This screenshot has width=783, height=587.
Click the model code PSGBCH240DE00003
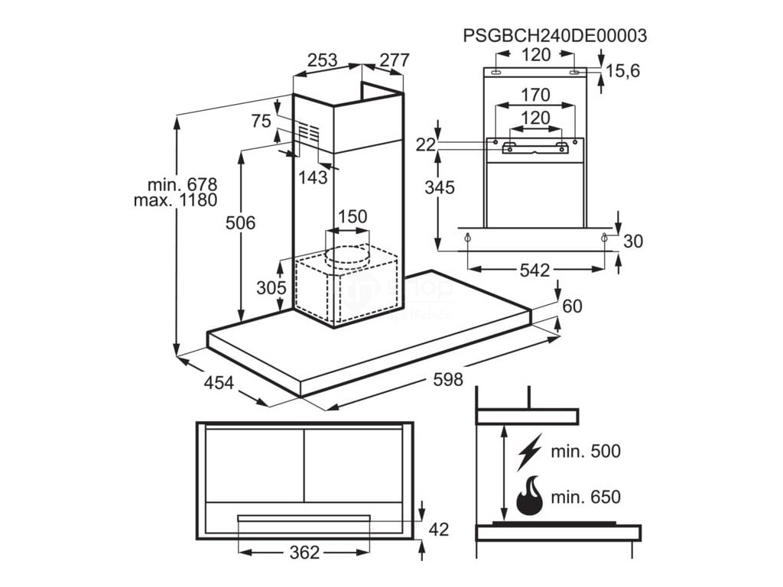tap(555, 35)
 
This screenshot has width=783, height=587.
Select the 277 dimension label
tap(393, 60)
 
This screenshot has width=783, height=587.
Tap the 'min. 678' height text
tap(183, 185)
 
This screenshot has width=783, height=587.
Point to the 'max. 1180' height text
tap(175, 200)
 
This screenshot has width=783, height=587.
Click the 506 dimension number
tap(240, 223)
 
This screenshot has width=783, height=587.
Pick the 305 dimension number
tap(271, 288)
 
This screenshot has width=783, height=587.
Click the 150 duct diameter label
tap(352, 217)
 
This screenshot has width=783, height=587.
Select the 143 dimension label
tap(314, 177)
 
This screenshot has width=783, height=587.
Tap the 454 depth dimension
tap(218, 384)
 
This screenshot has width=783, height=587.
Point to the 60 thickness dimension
tap(572, 307)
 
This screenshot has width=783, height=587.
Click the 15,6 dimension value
tap(622, 71)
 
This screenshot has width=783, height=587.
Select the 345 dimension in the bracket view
tap(440, 187)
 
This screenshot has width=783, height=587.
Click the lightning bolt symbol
tap(529, 452)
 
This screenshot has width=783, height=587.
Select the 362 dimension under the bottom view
tap(304, 553)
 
